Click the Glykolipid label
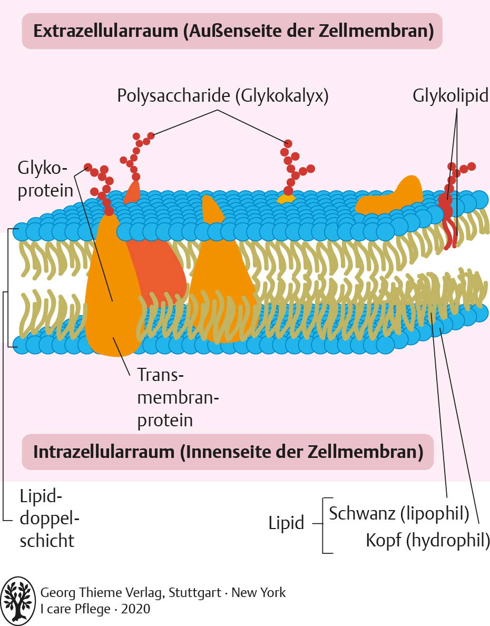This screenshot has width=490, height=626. [450, 96]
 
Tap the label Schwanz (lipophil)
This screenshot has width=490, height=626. [399, 513]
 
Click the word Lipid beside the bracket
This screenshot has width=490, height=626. [286, 523]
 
